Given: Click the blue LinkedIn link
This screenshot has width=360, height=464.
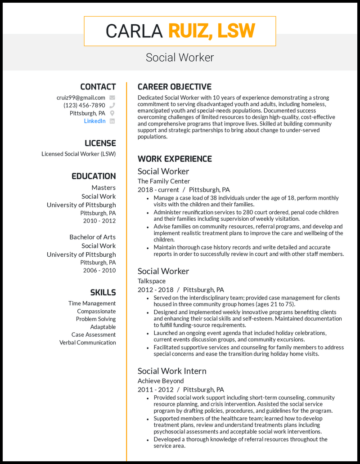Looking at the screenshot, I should pyautogui.click(x=94, y=121).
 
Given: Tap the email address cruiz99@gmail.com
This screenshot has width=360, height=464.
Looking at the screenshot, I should pyautogui.click(x=81, y=98).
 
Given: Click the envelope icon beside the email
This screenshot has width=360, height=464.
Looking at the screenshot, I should pyautogui.click(x=112, y=98).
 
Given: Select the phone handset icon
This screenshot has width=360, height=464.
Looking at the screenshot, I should pyautogui.click(x=112, y=106).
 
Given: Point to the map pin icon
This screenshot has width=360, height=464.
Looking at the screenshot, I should pyautogui.click(x=112, y=113).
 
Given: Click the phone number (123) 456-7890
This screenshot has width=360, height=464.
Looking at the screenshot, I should pyautogui.click(x=84, y=106).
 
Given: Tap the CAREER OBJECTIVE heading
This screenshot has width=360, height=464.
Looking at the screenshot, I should pyautogui.click(x=174, y=87).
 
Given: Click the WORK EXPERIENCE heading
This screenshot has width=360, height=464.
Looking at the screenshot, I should pyautogui.click(x=175, y=159).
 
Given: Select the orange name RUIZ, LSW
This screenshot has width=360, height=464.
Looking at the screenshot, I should pyautogui.click(x=211, y=31).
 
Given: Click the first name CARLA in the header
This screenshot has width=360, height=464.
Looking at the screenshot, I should pyautogui.click(x=134, y=31).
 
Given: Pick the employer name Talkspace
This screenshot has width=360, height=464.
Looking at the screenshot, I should pyautogui.click(x=152, y=281).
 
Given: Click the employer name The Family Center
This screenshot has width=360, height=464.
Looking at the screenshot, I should pyautogui.click(x=164, y=181).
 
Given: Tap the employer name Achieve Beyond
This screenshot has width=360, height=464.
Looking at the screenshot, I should pyautogui.click(x=161, y=381).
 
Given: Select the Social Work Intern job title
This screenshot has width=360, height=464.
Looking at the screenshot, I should pyautogui.click(x=172, y=371).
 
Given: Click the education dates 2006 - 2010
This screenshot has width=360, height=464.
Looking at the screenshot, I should pyautogui.click(x=99, y=270).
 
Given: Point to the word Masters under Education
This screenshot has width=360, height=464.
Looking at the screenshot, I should pyautogui.click(x=103, y=187).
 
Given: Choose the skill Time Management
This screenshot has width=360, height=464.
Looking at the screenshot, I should pyautogui.click(x=92, y=303).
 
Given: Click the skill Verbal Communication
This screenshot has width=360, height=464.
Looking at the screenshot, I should pyautogui.click(x=87, y=343).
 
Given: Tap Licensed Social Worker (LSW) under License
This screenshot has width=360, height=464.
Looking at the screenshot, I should pyautogui.click(x=79, y=154).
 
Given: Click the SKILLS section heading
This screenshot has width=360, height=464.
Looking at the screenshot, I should pyautogui.click(x=103, y=292).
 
